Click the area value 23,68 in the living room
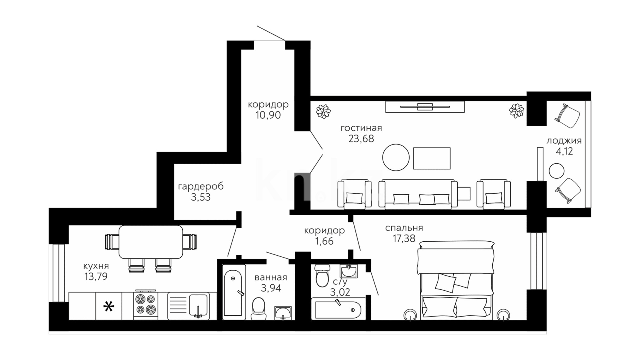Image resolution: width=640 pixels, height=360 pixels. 361,138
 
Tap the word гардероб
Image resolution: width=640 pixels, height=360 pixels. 201,186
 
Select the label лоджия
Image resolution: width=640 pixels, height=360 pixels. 564,141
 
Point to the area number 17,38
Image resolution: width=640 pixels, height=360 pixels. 404,238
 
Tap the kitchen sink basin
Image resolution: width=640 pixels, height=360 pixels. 198,305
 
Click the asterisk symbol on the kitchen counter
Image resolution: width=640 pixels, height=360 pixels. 108,306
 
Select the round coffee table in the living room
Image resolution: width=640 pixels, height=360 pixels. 396,157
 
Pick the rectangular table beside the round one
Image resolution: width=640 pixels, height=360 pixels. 432,158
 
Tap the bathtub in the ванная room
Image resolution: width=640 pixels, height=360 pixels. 233,293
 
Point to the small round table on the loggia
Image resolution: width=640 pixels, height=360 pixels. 557,171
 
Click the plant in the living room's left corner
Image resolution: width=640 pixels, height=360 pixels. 323,111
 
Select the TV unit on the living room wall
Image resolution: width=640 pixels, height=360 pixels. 425,107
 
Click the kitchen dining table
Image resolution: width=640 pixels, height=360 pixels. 151,242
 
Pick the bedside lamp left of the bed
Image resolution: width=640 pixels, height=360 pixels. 410,315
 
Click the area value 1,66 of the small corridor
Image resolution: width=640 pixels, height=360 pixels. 324,241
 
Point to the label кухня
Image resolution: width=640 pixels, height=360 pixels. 96,266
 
